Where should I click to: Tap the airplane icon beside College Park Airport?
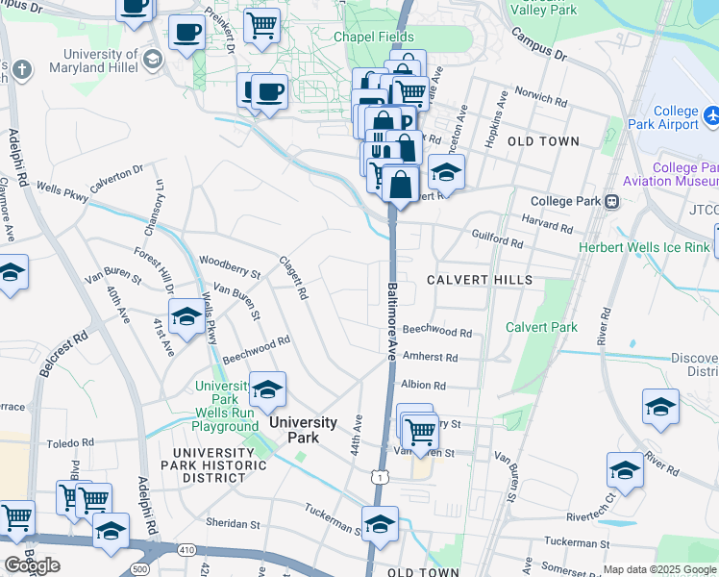tap(712, 115)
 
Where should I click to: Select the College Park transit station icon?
tap(610, 203)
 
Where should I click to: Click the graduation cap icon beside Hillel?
tap(152, 61)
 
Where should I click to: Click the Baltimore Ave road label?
tap(392, 318)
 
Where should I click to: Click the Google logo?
tap(32, 565)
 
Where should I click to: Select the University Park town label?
tap(302, 429)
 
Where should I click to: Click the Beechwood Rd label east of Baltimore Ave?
tap(437, 333)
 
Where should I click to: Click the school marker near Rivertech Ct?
tap(625, 470)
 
